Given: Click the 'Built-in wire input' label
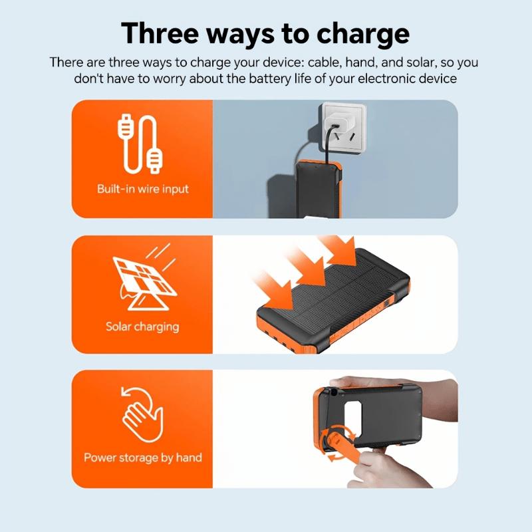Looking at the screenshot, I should tap(142, 189).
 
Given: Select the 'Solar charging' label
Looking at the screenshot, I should tap(142, 327).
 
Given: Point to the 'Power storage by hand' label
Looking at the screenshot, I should tap(142, 458).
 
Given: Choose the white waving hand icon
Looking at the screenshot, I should tap(141, 416).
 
